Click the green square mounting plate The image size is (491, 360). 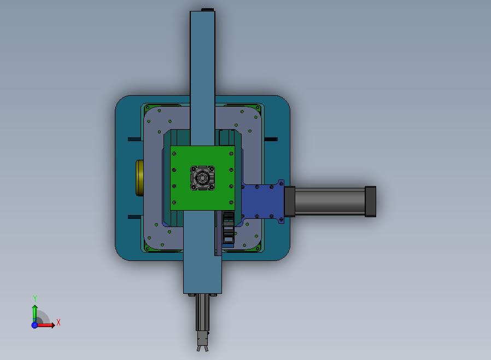[x=202, y=178]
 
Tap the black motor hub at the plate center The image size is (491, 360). [x=203, y=178]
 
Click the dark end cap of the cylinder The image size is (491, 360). [x=371, y=201]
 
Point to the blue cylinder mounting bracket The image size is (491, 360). [x=263, y=201]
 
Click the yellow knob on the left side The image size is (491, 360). [x=139, y=178]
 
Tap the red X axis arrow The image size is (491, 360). [x=45, y=325]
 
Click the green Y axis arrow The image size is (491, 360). [x=35, y=313]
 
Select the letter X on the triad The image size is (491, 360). [x=59, y=322]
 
